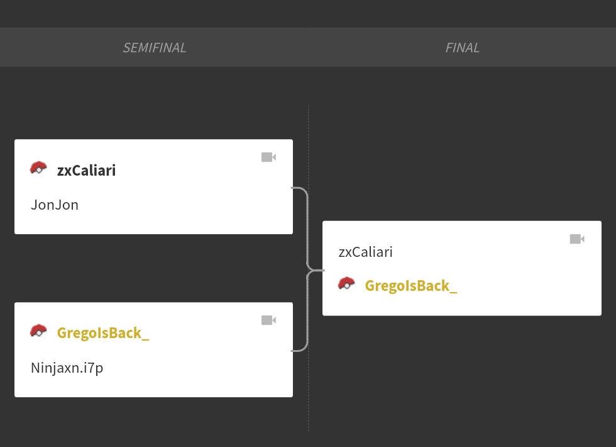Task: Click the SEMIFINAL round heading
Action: tap(155, 48)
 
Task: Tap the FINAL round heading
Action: tap(463, 48)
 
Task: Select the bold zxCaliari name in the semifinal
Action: tap(87, 171)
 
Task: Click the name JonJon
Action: tap(55, 205)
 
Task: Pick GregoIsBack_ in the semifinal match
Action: tap(103, 333)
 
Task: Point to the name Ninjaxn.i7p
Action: tap(67, 368)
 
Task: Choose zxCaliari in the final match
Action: tap(365, 252)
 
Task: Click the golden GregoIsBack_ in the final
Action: tap(411, 286)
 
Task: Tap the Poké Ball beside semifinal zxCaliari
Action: tap(38, 169)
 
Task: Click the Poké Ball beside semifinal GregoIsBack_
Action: tap(38, 331)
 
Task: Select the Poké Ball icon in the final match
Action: tap(346, 284)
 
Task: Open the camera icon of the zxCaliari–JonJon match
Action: tap(269, 157)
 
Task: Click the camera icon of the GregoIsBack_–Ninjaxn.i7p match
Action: tap(269, 320)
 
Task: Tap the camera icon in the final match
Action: tap(577, 239)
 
